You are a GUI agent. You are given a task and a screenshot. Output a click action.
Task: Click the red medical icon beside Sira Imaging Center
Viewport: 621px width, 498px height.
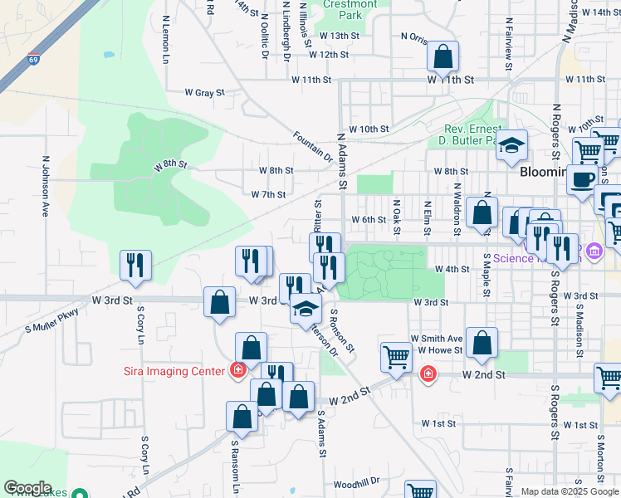238,370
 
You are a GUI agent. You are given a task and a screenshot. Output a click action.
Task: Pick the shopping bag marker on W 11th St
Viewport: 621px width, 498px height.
443,57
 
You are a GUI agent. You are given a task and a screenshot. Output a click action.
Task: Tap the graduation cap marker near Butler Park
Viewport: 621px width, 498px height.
512,146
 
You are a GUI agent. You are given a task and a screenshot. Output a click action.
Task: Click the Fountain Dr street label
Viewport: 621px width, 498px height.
312,146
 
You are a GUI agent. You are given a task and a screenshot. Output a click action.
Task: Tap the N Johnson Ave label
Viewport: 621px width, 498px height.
46,186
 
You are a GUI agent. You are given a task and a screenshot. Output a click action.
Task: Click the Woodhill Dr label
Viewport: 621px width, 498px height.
356,481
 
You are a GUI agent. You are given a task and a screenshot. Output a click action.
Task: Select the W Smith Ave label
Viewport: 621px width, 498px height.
436,339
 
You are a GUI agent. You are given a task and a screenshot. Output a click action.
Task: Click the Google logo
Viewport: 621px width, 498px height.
27,488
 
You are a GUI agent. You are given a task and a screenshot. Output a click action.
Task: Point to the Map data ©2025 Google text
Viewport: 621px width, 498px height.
569,491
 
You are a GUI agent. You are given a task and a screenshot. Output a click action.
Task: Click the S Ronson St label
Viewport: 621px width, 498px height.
342,330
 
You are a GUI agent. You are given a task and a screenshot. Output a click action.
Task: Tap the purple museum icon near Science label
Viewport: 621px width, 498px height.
593,251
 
